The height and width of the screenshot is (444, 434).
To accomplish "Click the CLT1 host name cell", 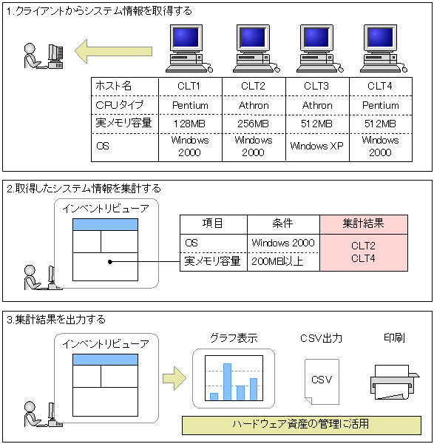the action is tap(190, 87).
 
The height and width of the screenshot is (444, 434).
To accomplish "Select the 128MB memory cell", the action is tap(190, 124).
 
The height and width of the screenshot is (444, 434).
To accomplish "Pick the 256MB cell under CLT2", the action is tap(254, 124).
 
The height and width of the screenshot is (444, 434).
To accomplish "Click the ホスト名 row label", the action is tap(125, 87).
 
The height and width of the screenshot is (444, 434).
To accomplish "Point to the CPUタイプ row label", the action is tap(125, 105).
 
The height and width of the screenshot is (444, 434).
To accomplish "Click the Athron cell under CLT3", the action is tap(317, 105).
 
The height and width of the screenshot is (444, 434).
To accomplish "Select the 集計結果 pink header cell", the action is tap(364, 224).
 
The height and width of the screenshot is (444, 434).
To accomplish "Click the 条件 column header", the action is tap(283, 224).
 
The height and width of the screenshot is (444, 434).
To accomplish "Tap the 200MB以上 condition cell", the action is tap(283, 262).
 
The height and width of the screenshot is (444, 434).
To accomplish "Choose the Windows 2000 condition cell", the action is tap(283, 243).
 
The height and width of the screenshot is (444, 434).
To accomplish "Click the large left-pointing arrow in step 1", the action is tap(113, 51).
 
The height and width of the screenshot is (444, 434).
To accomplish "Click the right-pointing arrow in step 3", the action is tap(174, 378).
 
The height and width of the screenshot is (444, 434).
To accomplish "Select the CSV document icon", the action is tap(322, 382).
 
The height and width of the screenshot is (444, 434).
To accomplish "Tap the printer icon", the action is tap(395, 383).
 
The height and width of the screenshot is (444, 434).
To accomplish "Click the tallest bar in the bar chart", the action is tap(227, 382).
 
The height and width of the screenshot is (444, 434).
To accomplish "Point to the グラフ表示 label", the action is tap(234, 338).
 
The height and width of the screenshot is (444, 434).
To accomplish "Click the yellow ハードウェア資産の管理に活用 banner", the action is tap(302, 425).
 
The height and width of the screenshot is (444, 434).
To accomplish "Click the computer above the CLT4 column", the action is tap(384, 48).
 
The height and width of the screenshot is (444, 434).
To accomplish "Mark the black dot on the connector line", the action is tap(110, 262).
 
